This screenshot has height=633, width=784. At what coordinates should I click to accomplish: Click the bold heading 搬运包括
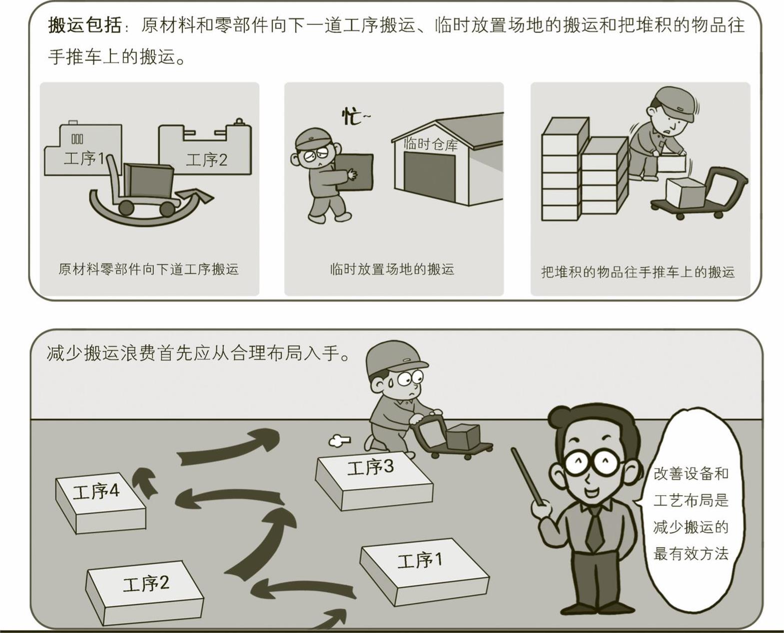84,26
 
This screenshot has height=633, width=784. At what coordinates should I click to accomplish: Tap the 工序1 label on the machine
84,158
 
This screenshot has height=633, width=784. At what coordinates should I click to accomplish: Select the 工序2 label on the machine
206,160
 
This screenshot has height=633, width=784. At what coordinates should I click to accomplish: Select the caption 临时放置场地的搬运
392,269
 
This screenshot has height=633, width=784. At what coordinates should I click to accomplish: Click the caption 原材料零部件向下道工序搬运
149,269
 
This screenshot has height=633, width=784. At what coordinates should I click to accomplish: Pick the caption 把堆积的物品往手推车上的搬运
638,272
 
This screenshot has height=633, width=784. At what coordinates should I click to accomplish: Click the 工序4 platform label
96,492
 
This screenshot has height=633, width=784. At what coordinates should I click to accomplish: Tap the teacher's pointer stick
528,476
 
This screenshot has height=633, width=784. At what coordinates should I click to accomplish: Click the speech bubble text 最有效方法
691,554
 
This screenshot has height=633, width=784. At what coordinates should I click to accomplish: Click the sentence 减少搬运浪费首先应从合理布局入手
198,354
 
